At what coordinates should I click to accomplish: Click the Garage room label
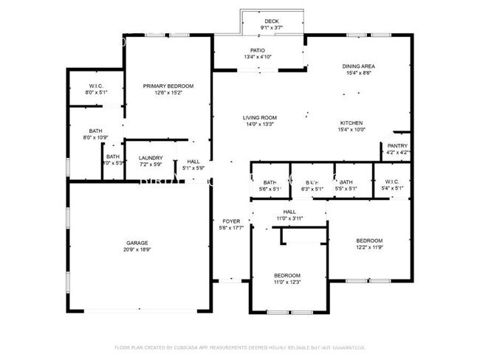137,243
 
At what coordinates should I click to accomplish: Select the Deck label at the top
272,21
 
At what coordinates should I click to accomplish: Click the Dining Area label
359,66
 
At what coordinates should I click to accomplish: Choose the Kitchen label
351,122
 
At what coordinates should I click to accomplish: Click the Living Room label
260,117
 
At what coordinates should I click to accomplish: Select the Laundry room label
151,157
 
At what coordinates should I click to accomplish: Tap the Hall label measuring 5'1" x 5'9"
193,161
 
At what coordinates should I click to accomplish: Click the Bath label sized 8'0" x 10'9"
96,130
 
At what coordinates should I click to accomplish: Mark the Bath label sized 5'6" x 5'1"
270,182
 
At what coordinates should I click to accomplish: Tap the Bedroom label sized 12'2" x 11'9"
369,240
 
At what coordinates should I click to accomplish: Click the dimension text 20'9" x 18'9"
137,250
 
